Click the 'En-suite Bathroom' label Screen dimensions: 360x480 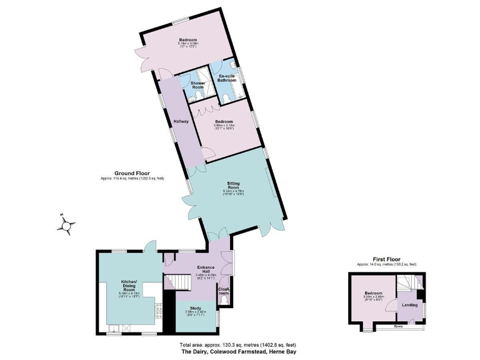point(227,78)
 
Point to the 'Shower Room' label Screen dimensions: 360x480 point(197,84)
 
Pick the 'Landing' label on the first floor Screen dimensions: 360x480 point(409,305)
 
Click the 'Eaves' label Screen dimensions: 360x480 point(397,326)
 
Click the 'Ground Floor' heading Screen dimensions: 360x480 point(129,173)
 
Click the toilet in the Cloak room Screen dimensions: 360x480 point(224,301)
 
